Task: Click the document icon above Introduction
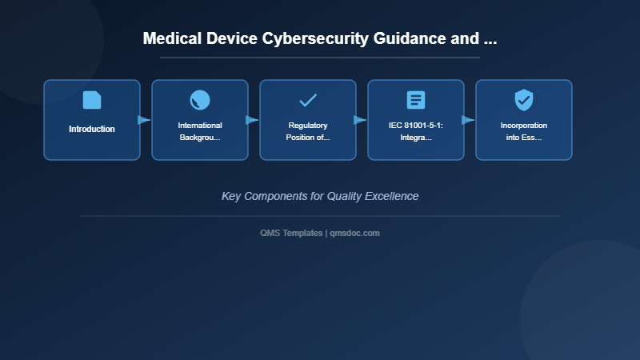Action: click(x=92, y=100)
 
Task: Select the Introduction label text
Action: click(x=92, y=129)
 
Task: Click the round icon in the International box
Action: click(x=200, y=100)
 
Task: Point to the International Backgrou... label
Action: click(x=200, y=131)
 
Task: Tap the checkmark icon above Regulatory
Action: click(x=308, y=100)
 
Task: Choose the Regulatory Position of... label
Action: click(x=308, y=131)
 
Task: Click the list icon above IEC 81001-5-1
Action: click(x=416, y=100)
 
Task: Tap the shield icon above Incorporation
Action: click(x=524, y=100)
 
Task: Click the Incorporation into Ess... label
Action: click(x=524, y=131)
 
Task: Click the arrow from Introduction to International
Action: click(x=144, y=120)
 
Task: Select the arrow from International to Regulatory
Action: click(x=252, y=120)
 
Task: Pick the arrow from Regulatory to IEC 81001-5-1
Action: click(x=360, y=120)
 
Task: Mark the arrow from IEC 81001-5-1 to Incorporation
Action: click(x=468, y=120)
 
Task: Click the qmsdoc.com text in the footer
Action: click(x=355, y=233)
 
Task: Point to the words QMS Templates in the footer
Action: click(x=291, y=233)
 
